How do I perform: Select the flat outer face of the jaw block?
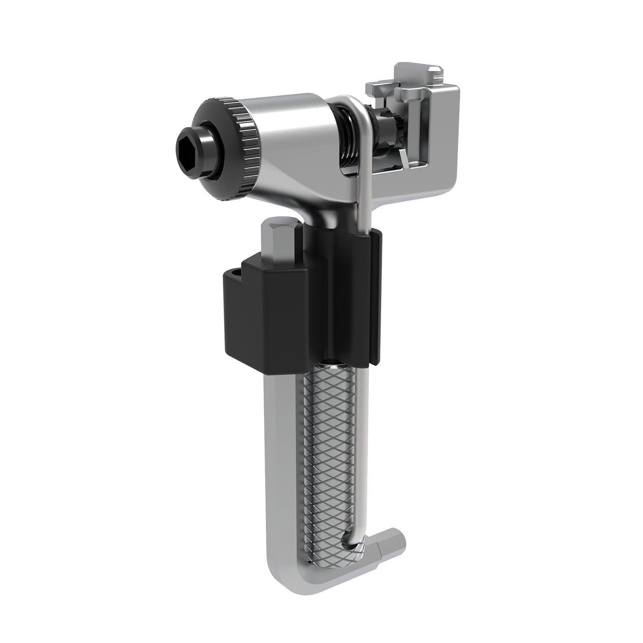[442, 129]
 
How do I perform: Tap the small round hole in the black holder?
[234, 272]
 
